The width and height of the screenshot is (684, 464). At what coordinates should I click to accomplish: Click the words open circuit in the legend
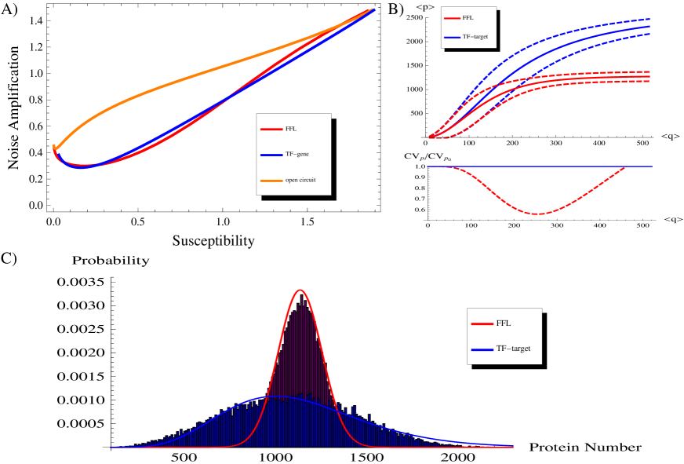click(x=300, y=181)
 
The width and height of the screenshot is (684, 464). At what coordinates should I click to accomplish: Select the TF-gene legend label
click(x=297, y=155)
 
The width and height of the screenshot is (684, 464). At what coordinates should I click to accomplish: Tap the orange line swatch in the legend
click(x=271, y=181)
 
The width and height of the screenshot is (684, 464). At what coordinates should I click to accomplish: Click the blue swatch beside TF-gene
click(x=271, y=155)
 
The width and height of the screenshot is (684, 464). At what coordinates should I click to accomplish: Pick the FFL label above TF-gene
click(x=291, y=129)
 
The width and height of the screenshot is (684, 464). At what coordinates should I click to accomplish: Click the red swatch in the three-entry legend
click(x=271, y=129)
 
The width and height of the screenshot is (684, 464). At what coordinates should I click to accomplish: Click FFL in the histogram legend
click(x=504, y=323)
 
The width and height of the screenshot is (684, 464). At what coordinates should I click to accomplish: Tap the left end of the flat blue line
click(x=427, y=166)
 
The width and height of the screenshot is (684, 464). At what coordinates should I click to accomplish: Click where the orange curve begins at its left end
click(x=53, y=146)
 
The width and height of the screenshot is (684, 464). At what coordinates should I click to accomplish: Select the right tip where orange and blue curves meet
click(x=374, y=9)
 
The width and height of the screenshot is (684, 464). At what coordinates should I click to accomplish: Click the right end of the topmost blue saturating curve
click(x=649, y=19)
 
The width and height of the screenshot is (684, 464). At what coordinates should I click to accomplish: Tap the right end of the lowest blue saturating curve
click(x=649, y=34)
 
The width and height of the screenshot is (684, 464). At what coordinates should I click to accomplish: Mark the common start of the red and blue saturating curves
click(x=429, y=137)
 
